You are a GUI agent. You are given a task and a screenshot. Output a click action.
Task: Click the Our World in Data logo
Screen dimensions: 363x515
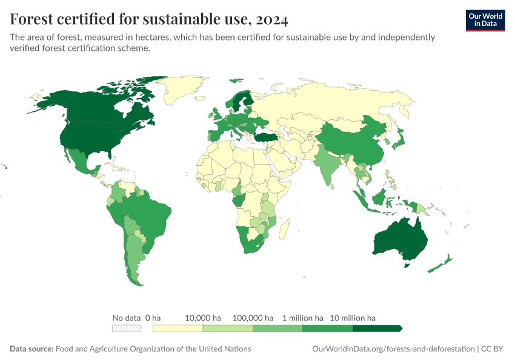pyautogui.click(x=485, y=20)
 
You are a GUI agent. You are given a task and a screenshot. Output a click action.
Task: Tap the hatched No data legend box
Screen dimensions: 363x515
pyautogui.click(x=127, y=329)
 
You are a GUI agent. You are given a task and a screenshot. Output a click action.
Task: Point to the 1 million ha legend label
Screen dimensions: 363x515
pyautogui.click(x=302, y=318)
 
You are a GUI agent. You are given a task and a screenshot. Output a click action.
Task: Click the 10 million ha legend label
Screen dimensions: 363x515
pyautogui.click(x=352, y=318)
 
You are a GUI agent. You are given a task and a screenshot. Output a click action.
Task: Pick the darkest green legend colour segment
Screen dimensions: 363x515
pyautogui.click(x=376, y=329)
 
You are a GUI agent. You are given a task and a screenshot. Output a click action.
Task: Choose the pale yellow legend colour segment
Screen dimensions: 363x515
pyautogui.click(x=178, y=329)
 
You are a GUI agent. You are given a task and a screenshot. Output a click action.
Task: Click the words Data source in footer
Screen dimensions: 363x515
pyautogui.click(x=32, y=349)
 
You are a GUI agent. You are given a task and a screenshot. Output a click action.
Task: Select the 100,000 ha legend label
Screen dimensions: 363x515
pyautogui.click(x=253, y=318)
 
